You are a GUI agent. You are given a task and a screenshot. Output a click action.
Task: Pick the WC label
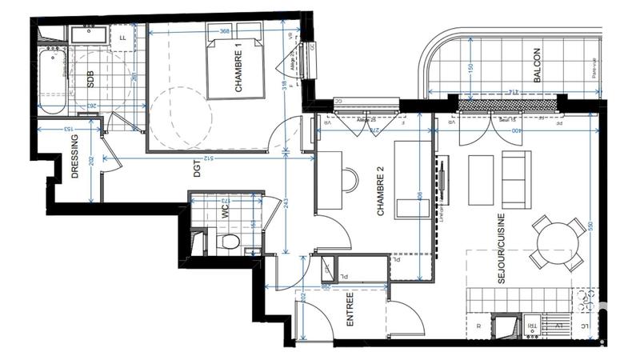point(226,212)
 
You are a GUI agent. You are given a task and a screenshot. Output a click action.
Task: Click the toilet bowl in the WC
point(230,242)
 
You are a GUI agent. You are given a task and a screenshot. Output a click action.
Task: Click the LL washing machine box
point(122,36)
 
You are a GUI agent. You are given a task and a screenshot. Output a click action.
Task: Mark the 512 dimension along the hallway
point(209,158)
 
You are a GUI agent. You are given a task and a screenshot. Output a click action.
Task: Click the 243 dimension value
point(286,205)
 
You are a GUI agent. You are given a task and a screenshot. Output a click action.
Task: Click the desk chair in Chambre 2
point(350,181)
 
